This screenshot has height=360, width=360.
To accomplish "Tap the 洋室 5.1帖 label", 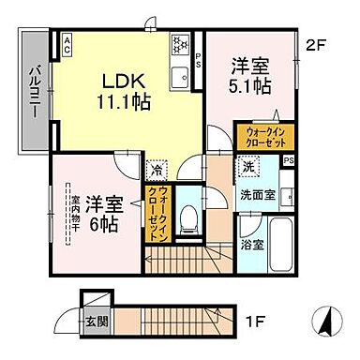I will pos(248,74).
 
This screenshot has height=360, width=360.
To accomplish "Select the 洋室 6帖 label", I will pos(103,215).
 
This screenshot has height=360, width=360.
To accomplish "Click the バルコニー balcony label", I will pos(30,90).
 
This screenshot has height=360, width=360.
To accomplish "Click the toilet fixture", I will pos(190,214).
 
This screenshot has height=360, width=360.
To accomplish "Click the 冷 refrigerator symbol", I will pos(157,171).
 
